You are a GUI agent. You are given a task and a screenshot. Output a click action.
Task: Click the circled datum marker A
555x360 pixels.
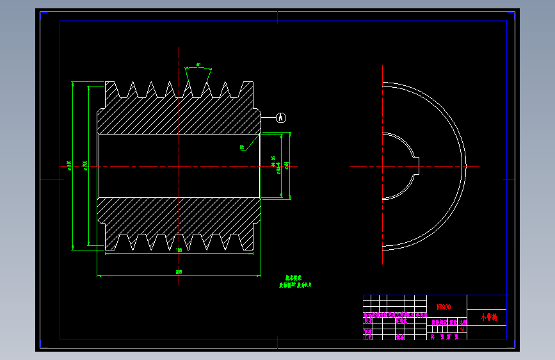click(x=280, y=117)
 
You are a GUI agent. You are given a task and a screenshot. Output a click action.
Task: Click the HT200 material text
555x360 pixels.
click(x=443, y=307)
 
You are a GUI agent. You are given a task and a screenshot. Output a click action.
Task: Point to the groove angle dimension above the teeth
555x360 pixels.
click(x=198, y=65)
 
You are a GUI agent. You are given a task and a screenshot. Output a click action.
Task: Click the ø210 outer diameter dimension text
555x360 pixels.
click(x=68, y=165)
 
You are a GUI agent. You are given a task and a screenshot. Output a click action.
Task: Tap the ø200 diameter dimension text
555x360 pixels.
click(x=85, y=165)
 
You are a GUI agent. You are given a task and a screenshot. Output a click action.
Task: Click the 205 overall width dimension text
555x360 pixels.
click(x=178, y=272)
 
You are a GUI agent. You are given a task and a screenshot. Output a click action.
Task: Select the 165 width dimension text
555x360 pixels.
click(x=179, y=249)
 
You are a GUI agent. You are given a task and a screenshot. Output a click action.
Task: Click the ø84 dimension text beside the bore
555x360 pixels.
click(x=286, y=165)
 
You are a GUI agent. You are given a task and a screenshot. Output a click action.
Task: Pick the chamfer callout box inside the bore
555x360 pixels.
click(x=243, y=148)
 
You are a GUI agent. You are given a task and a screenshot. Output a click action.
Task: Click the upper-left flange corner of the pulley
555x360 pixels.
click(x=107, y=83)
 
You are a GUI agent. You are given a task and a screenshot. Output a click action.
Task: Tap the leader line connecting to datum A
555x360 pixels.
click(x=268, y=117)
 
